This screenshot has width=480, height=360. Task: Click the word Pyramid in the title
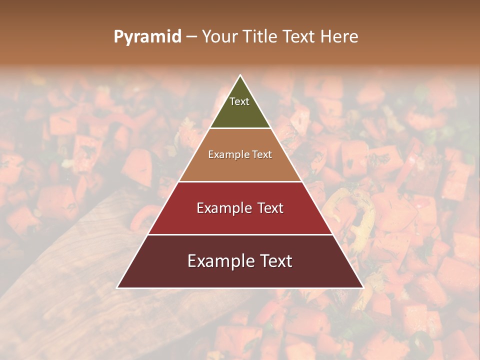coord(147,37)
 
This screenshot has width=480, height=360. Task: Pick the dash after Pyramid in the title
coord(191,37)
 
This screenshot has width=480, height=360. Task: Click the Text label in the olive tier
coord(239,101)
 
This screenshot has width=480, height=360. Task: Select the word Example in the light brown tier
coord(227,155)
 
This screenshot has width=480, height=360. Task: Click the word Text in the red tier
coord(270,208)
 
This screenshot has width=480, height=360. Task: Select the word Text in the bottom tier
coord(274,261)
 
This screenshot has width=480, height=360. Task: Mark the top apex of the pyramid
coord(240,75)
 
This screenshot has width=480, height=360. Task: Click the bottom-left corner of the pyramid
coord(117,287)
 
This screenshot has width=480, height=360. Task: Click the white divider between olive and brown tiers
coord(240,128)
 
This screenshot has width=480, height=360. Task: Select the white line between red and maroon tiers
coord(240,234)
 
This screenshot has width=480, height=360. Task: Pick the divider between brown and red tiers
coord(240,181)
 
